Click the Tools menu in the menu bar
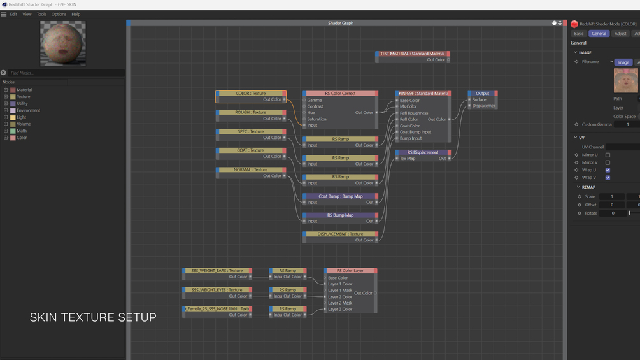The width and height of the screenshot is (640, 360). pos(41,14)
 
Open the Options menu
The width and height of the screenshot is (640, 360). pos(59,14)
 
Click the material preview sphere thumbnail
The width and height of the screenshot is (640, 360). pos(63,43)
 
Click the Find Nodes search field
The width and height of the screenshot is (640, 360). pos(64,73)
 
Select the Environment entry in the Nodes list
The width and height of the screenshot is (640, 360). pos(28,110)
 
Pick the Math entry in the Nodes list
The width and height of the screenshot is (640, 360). pos(22,131)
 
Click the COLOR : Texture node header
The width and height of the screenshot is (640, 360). pos(251,94)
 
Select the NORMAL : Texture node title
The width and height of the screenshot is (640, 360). pos(251,170)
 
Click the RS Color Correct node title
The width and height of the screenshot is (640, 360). pos(340,94)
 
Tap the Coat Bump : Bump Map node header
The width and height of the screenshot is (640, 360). pos(340,196)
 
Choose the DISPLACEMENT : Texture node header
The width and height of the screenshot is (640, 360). pos(340,234)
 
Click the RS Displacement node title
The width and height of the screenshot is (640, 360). pos(422,153)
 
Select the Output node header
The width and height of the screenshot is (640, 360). pos(482,94)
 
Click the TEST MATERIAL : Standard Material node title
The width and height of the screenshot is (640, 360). pos(412,54)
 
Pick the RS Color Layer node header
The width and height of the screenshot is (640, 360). pos(350,271)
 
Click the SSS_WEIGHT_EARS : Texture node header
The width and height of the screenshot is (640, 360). pos(217,271)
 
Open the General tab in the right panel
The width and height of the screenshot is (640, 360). pos(599,34)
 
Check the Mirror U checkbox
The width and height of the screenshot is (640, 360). pos(608,155)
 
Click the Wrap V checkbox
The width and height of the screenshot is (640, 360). pos(608,178)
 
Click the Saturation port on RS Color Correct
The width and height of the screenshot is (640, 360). pos(305,119)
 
